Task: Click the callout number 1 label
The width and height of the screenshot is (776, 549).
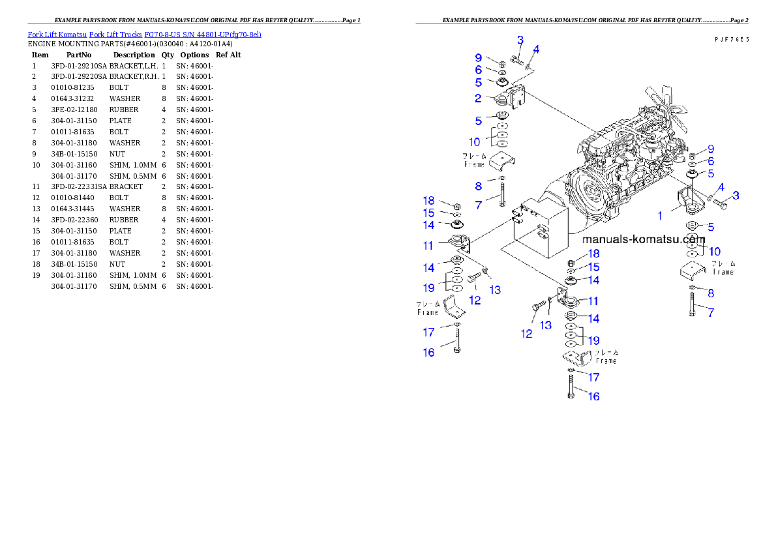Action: click(x=661, y=215)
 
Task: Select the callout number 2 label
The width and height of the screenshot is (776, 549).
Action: click(x=478, y=98)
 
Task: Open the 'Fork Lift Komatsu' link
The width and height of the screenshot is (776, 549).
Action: click(x=57, y=34)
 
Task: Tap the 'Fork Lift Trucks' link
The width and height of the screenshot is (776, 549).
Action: click(x=115, y=34)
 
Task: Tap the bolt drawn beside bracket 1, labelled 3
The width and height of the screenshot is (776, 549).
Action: click(x=720, y=202)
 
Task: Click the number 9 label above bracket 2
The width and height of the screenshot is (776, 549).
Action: click(x=478, y=57)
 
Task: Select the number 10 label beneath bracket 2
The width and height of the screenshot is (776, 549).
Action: click(x=474, y=141)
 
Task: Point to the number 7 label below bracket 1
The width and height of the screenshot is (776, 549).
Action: click(x=711, y=313)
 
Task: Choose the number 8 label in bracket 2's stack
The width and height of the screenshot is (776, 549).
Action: click(x=478, y=186)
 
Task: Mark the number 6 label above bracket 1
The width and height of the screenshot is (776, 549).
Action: click(x=711, y=161)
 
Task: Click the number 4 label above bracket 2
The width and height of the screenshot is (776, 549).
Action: click(x=535, y=50)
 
